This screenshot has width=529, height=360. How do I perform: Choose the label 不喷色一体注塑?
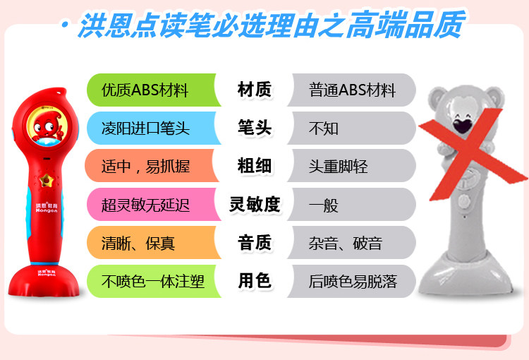coord(153,282)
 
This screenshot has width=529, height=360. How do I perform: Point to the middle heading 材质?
coord(255,90)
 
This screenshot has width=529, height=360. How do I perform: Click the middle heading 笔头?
coord(255,128)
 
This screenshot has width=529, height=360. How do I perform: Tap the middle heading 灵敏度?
coord(255,204)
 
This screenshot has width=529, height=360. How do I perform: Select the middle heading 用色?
coord(255,281)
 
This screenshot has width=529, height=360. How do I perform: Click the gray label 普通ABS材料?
coord(352,90)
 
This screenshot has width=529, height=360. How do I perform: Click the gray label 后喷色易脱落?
coord(353,282)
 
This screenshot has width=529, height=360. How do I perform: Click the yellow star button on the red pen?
coord(47,180)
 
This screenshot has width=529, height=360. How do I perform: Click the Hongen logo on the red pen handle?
coord(47,208)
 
